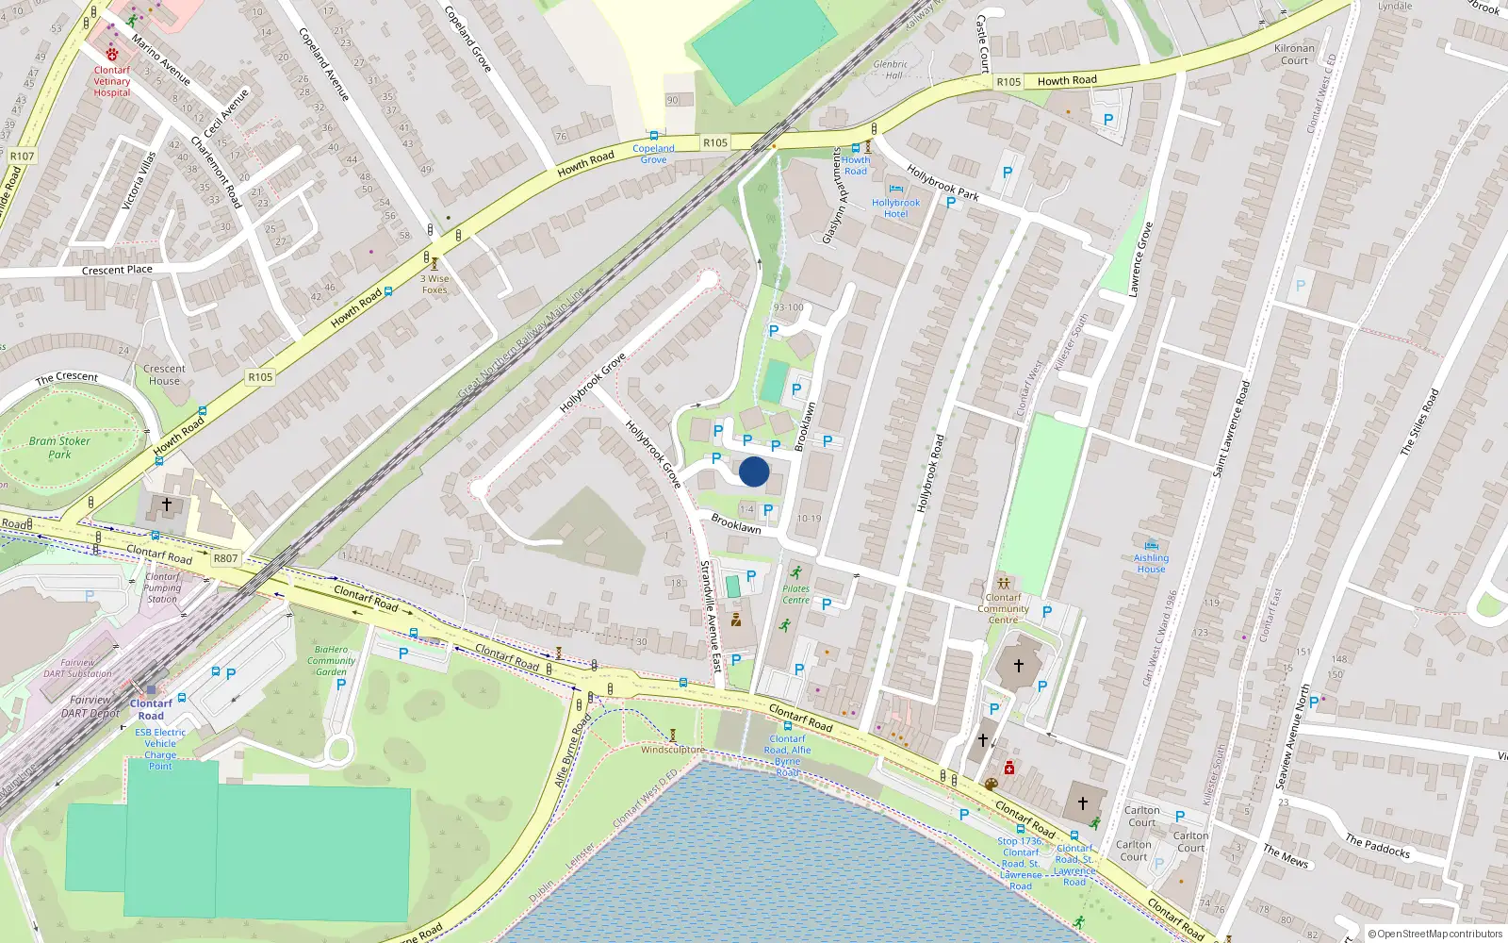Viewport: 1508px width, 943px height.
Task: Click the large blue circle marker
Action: (x=754, y=471)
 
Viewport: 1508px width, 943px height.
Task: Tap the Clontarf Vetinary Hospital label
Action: (x=112, y=81)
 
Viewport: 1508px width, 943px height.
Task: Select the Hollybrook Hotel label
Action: (x=895, y=208)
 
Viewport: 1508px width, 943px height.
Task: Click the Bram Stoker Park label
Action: (x=59, y=447)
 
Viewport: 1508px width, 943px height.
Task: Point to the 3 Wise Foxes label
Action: (x=434, y=284)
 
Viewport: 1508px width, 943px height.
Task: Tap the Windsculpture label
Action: (x=673, y=750)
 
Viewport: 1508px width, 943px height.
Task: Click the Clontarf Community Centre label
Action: (x=1003, y=608)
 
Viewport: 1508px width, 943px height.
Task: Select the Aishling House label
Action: (x=1151, y=563)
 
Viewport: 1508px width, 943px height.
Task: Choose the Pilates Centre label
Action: (x=795, y=594)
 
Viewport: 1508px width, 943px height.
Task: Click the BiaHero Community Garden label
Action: (x=331, y=660)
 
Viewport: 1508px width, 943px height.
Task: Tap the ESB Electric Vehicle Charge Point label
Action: (x=160, y=749)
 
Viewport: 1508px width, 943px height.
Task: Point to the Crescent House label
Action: (x=164, y=374)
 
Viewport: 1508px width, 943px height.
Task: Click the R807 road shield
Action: (x=225, y=558)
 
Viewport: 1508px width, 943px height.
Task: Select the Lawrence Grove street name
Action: (x=1140, y=259)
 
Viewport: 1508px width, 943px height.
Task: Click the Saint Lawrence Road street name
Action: (x=1232, y=427)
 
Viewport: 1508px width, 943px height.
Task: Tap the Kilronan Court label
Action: (x=1294, y=54)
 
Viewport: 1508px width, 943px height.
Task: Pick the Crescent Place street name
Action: (x=117, y=270)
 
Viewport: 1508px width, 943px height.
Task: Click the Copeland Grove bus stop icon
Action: (x=653, y=136)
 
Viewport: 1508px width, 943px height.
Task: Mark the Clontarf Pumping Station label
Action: (x=162, y=587)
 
